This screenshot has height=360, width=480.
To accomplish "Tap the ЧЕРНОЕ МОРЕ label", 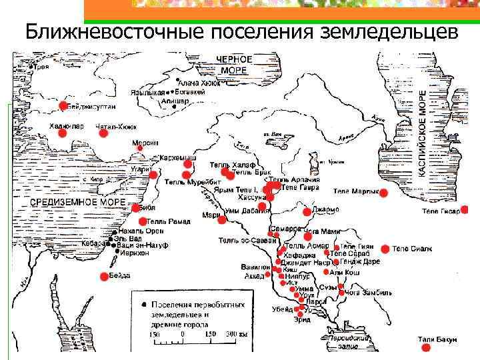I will point(234,64).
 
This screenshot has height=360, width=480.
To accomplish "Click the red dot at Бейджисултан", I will point(63,105).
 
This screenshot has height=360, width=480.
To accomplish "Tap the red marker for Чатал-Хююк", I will point(104,133).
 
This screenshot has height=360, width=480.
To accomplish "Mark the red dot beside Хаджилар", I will point(62,133).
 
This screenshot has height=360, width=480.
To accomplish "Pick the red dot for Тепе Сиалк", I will point(385,249).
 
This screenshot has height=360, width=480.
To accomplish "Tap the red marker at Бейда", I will point(104,275).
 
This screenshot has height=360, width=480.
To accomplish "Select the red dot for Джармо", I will point(307,212).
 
